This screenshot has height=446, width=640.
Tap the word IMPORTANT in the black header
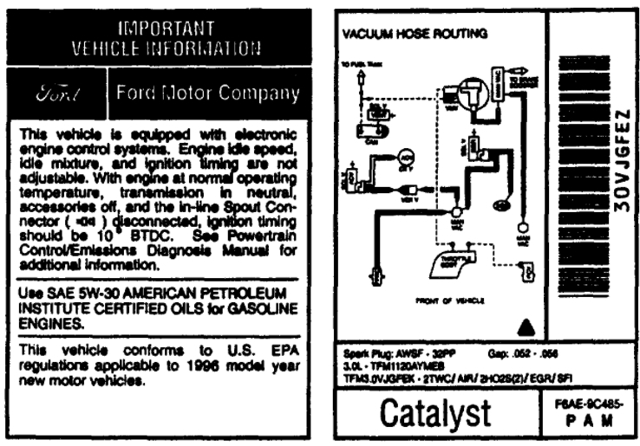160,26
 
